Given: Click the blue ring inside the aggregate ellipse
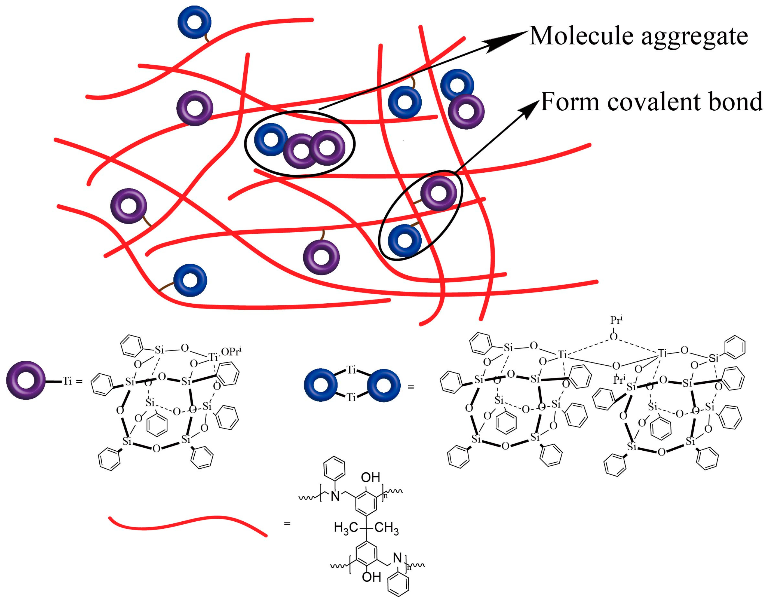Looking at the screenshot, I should [x=271, y=140].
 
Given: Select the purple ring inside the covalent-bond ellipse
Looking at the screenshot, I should [x=439, y=193].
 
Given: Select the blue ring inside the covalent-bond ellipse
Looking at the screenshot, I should [x=404, y=240].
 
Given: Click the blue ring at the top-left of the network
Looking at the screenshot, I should [x=194, y=22].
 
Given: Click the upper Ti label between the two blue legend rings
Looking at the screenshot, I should [x=351, y=370].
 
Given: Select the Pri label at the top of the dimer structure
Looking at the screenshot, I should [x=616, y=320].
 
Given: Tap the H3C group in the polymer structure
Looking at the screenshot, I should [x=346, y=528].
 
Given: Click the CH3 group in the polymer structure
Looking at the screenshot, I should [x=387, y=528].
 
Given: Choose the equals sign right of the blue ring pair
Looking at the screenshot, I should [x=411, y=387].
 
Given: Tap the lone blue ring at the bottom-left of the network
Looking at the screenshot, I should [x=190, y=280].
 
